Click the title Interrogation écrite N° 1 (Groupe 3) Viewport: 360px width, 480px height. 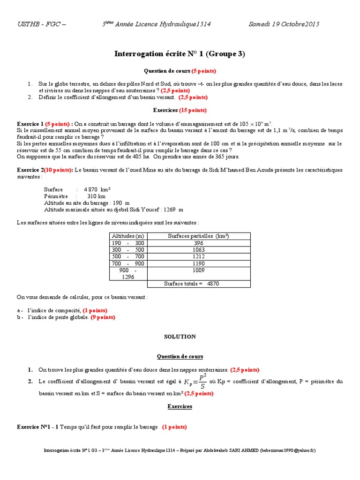pos(180,54)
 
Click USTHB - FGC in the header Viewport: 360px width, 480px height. pos(41,24)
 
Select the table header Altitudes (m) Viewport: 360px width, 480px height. pos(128,236)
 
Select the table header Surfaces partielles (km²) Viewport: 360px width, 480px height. pos(199,236)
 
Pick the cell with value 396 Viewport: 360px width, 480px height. pos(199,243)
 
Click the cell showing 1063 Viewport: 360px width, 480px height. pos(199,250)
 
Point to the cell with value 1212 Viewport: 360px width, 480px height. pos(199,257)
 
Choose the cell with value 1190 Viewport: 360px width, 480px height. pos(199,263)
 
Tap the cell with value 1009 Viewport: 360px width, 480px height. pos(199,270)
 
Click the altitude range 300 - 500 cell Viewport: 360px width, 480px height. pos(128,250)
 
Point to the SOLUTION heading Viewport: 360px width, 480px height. pos(180,337)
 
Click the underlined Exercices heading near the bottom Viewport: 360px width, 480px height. pos(180,406)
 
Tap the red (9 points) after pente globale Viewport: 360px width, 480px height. pos(103,317)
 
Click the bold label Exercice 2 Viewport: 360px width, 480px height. pos(30,170)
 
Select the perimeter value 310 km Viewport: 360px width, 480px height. pos(96,196)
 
